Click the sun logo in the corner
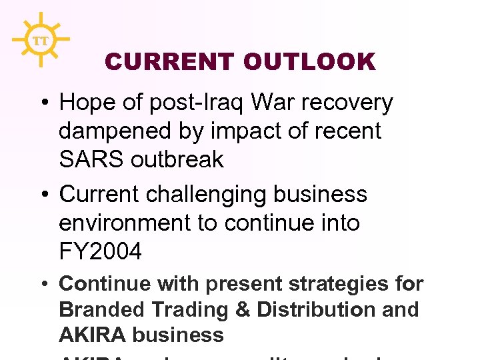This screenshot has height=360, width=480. [41, 40]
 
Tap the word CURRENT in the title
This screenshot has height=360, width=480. [170, 63]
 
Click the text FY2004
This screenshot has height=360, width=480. [101, 252]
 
